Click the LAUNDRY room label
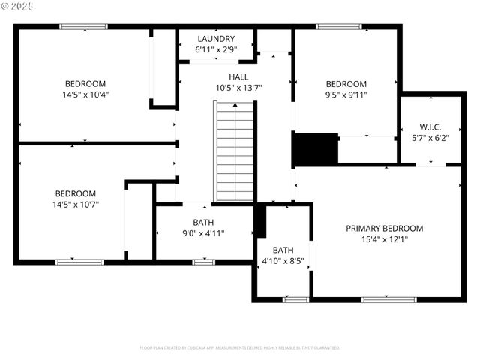216,39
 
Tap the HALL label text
238,76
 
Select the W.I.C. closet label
429,127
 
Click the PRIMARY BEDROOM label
384,229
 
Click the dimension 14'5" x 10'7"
75,204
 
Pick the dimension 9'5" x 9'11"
346,94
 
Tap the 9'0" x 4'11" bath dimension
203,233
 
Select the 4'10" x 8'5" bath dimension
283,261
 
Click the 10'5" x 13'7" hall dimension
238,88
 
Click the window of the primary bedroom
388,299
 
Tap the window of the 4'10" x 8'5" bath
295,299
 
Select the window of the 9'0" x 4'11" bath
203,262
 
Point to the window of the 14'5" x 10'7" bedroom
79,262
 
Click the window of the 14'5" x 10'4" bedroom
83,27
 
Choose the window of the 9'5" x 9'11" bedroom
339,27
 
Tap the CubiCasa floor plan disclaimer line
240,348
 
